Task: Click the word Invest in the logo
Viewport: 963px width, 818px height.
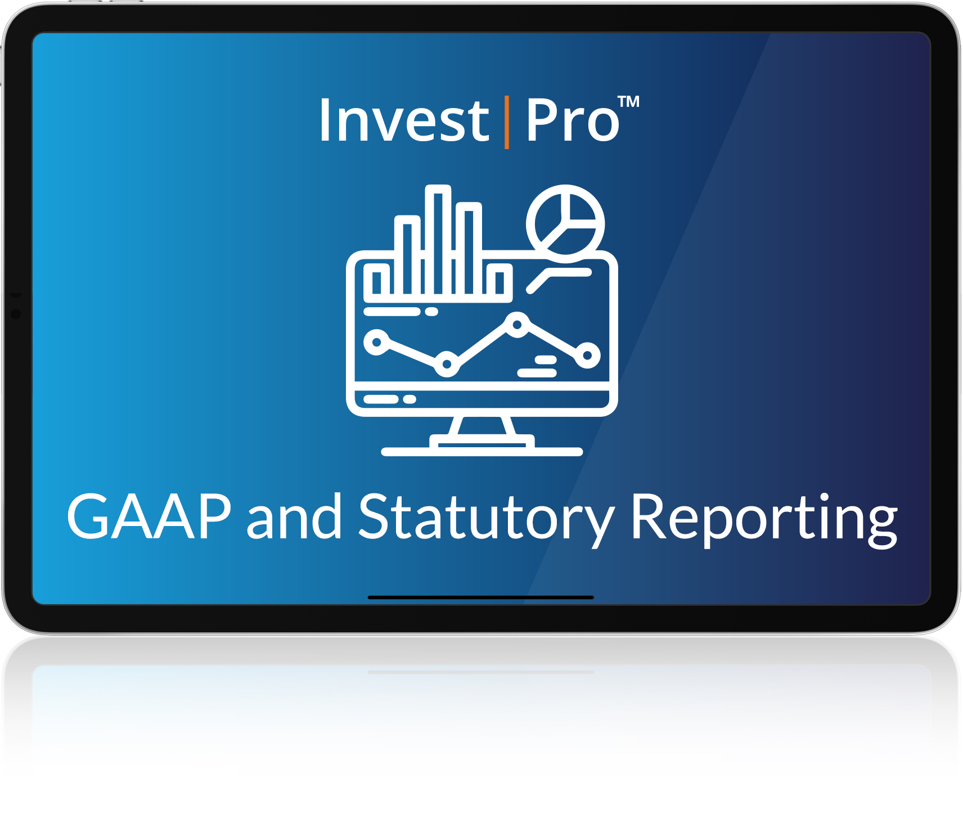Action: [404, 120]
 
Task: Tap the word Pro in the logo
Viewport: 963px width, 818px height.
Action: [573, 120]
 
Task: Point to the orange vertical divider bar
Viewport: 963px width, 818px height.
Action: [507, 122]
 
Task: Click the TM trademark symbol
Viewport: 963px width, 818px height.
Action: [628, 101]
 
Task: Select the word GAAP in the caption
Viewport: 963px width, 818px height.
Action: [149, 516]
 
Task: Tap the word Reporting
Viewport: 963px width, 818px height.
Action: [764, 519]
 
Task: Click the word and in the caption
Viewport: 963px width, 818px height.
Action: [294, 516]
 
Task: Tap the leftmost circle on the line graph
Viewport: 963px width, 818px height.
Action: [377, 342]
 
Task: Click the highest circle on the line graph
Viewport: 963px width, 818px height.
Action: [516, 325]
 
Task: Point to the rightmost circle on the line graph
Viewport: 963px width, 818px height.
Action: [587, 355]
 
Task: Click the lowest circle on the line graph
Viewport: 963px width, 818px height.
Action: [447, 364]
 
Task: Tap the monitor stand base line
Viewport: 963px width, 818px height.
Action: [481, 452]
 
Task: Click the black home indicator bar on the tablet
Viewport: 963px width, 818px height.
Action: [480, 597]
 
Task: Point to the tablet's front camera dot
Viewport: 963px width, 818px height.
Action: [16, 314]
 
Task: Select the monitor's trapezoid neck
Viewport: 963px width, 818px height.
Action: [482, 425]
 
